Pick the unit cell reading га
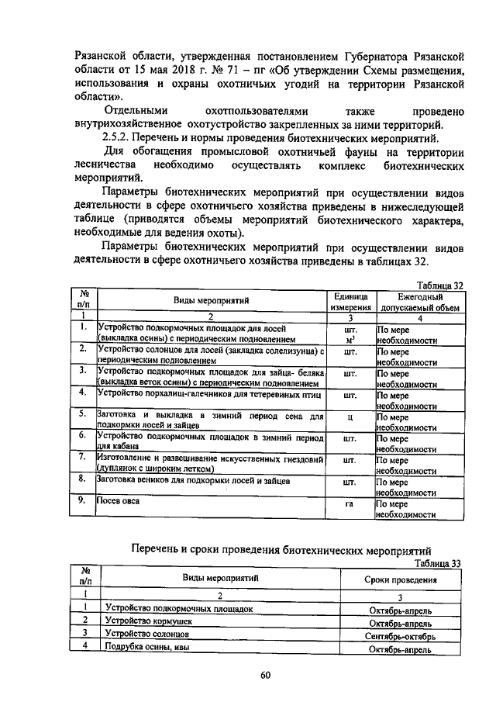(x=350, y=504)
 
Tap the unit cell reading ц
(x=350, y=417)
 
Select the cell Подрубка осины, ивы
(x=147, y=648)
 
